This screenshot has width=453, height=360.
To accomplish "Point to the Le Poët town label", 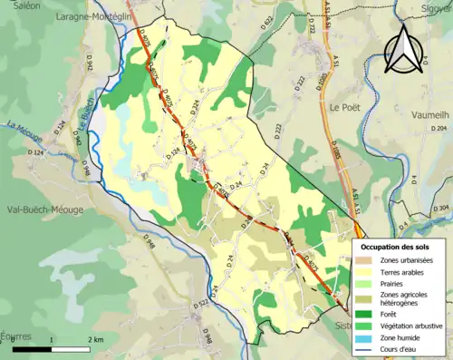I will point(346,106).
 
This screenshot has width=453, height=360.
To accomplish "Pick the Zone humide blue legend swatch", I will point(366,339).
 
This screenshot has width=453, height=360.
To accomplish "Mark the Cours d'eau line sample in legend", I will point(366,352).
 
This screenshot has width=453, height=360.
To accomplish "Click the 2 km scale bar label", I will point(96,338).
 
